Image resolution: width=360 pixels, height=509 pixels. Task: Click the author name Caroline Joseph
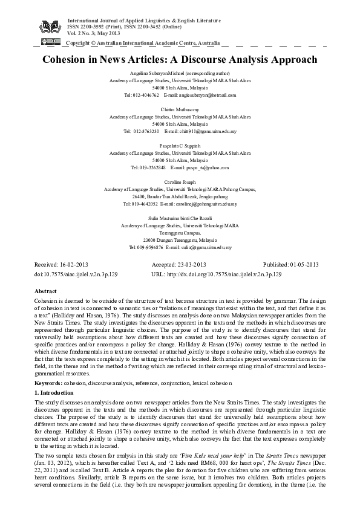[180, 181]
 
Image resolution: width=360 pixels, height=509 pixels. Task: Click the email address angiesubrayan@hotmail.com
[200, 95]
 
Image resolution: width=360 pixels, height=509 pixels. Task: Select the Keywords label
[51, 384]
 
